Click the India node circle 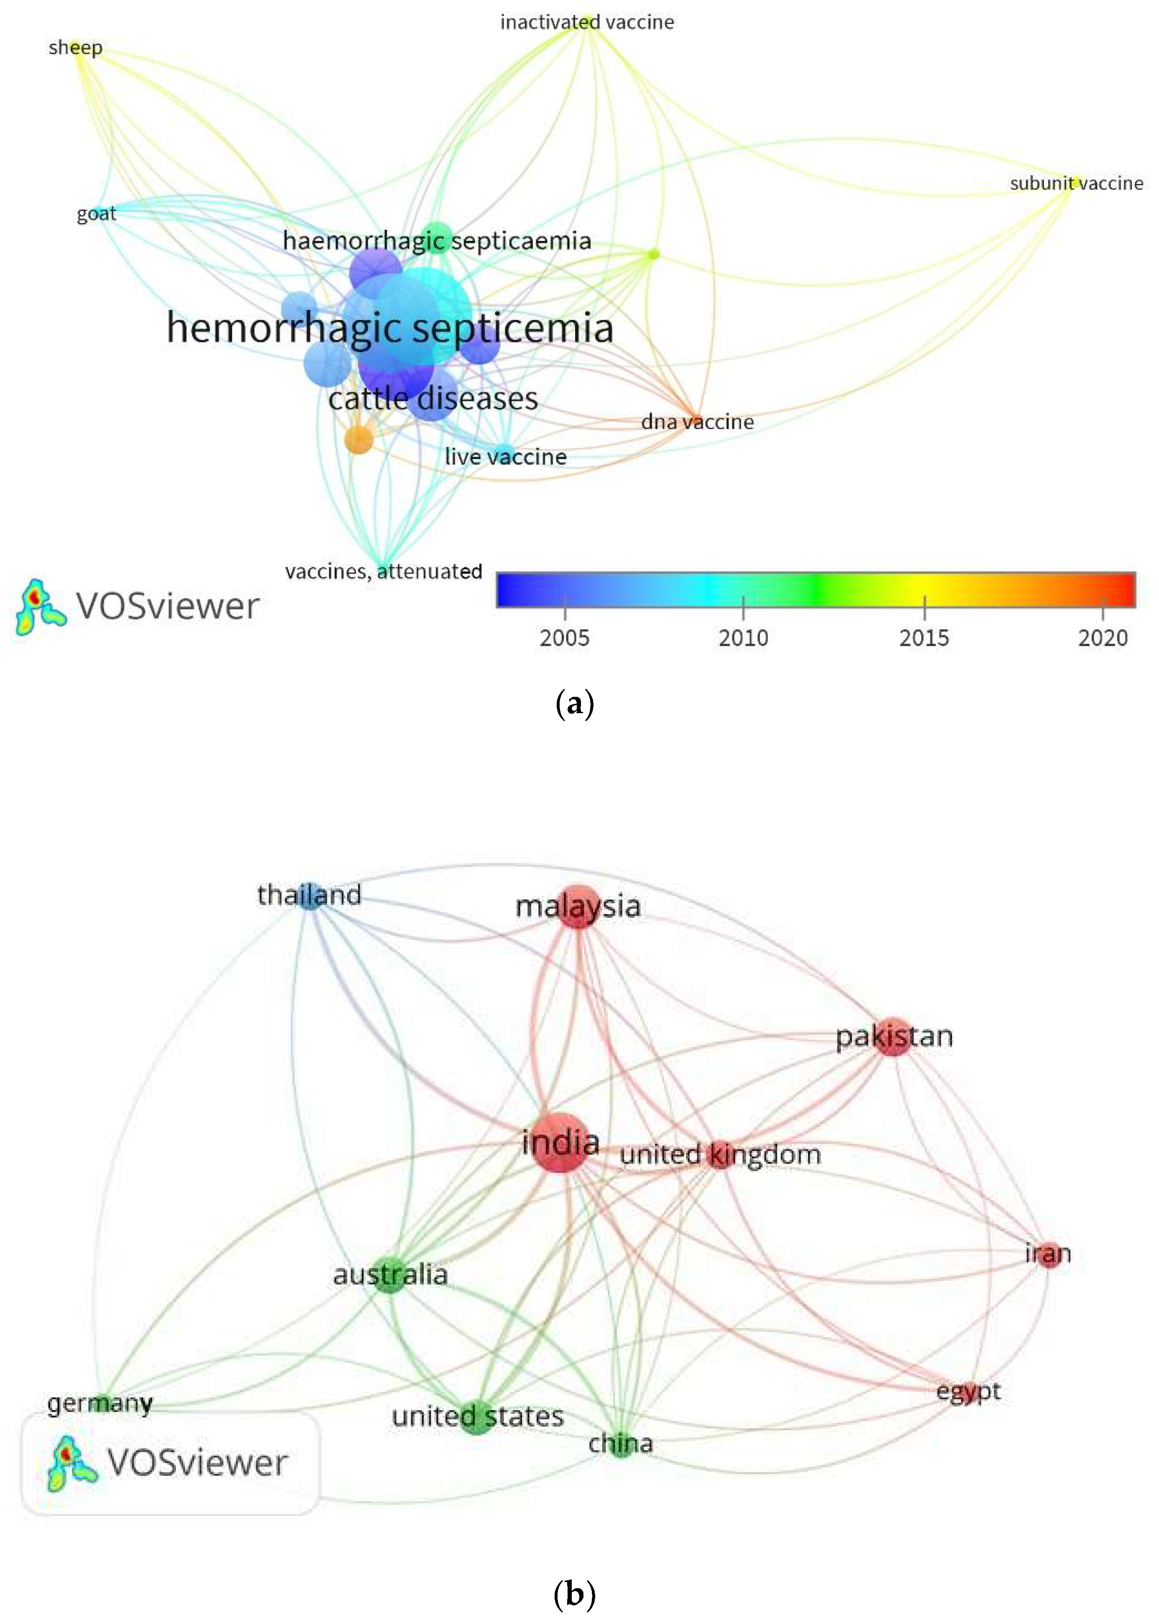click(x=560, y=1142)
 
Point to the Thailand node click(x=309, y=895)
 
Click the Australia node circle click(x=390, y=1275)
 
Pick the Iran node click(x=1048, y=1254)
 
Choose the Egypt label click(x=968, y=1391)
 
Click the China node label click(x=620, y=1444)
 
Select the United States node click(x=478, y=1417)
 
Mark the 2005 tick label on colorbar click(x=565, y=637)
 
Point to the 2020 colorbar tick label click(x=1103, y=637)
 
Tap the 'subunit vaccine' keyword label click(x=1076, y=183)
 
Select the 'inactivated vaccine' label click(x=587, y=22)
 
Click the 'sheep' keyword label click(x=76, y=48)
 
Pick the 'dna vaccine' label click(x=697, y=422)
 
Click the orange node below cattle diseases click(x=359, y=439)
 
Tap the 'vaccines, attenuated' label click(x=383, y=571)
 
